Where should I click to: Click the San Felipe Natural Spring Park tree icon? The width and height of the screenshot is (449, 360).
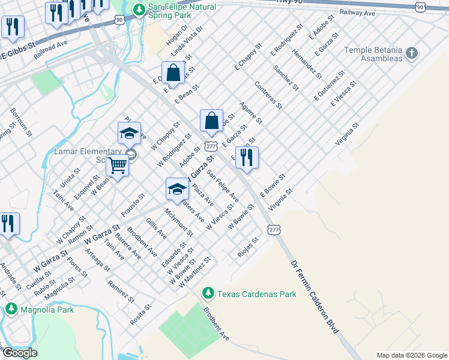click(139, 10)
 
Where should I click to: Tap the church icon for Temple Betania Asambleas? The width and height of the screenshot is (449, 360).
click(411, 53)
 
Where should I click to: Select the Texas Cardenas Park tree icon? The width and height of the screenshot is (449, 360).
click(208, 293)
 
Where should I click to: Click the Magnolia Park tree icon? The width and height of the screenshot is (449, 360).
click(11, 308)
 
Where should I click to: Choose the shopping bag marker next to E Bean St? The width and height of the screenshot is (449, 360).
click(173, 73)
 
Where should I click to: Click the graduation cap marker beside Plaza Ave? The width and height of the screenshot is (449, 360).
click(177, 189)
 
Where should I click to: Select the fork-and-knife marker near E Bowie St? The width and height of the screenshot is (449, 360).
click(247, 158)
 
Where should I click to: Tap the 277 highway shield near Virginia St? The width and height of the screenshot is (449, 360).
click(274, 230)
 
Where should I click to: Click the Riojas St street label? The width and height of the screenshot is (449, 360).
click(248, 246)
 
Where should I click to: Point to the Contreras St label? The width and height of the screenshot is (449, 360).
click(268, 95)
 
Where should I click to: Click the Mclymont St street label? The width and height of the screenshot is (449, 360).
click(179, 223)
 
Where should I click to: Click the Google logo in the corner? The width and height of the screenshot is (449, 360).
click(20, 352)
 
